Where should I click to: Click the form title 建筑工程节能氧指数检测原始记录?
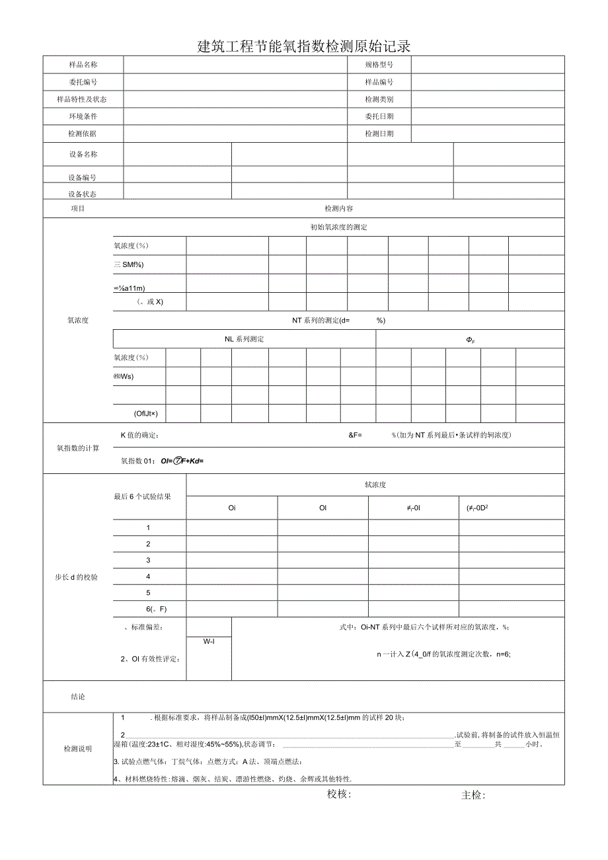pos(304,46)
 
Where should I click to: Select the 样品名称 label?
pos(83,65)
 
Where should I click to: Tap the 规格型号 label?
pos(379,65)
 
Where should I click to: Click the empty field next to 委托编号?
pos(235,82)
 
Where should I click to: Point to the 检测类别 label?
pos(379,99)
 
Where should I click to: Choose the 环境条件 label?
pos(83,116)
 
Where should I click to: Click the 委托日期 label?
pos(379,116)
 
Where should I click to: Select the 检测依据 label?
pos(83,134)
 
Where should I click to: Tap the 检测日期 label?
pos(379,134)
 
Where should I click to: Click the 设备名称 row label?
pos(83,154)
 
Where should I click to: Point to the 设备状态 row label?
pos(83,194)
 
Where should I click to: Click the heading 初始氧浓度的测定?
pos(338,227)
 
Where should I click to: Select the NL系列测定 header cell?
pos(245,339)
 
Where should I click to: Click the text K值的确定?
pos(139,435)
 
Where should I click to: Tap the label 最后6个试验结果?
pos(141,496)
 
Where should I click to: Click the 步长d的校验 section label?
pos(77,577)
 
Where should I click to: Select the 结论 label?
pos(78,697)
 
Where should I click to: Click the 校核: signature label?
pos(339,795)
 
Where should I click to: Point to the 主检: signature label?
pos(473,795)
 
